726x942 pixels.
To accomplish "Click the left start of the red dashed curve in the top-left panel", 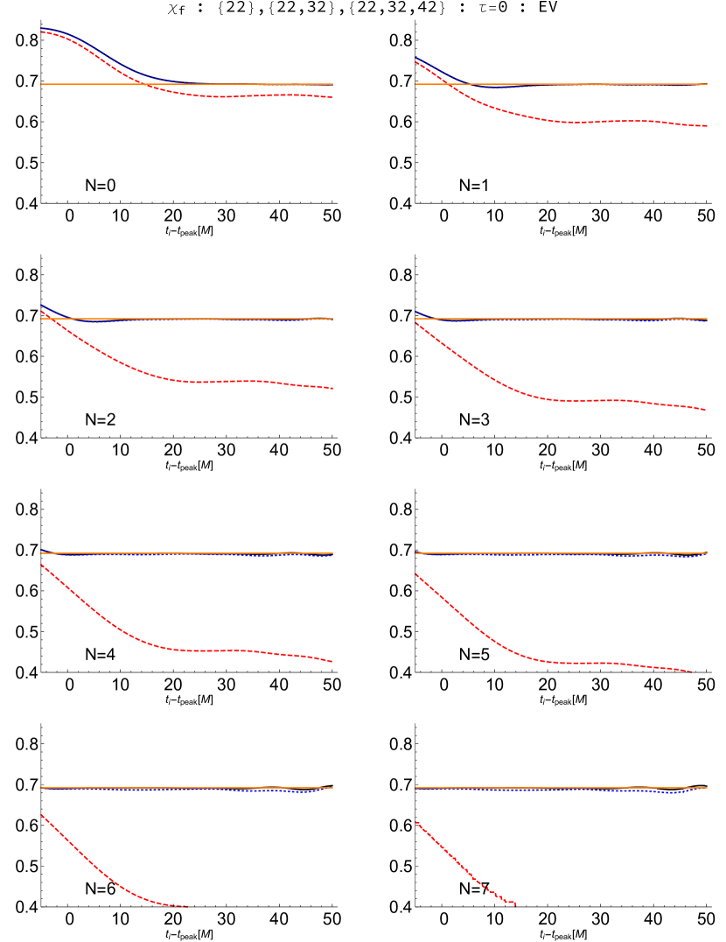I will [x=41, y=32].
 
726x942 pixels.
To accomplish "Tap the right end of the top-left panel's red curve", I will [x=332, y=97].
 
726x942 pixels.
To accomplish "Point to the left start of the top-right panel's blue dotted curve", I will [x=415, y=58].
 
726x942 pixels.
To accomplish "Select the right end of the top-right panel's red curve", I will [x=707, y=126].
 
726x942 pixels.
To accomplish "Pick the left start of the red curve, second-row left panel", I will [x=41, y=311].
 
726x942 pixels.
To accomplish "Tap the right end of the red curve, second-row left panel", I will [x=332, y=388].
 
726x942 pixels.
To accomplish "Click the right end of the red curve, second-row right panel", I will [x=706, y=410].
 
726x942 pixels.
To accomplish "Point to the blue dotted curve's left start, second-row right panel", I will [x=415, y=312].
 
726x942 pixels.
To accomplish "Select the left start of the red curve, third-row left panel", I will [x=41, y=565].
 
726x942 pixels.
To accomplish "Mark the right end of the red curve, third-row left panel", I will [x=332, y=662].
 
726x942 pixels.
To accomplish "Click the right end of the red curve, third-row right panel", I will [x=693, y=671].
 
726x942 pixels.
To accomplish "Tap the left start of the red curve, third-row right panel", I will [x=415, y=574].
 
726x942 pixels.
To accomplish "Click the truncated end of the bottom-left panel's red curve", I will [x=189, y=906].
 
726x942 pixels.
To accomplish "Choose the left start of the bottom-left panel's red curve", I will [x=41, y=815].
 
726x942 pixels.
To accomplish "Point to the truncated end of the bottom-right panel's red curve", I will [x=515, y=903].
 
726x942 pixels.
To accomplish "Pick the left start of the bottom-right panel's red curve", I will [x=415, y=821].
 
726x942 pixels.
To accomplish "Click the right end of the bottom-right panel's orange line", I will [x=707, y=788].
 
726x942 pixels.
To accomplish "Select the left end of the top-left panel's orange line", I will [x=41, y=84].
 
